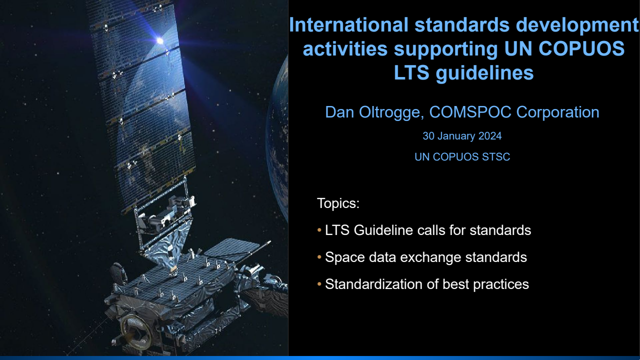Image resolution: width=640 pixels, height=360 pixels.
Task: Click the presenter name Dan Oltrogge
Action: pos(373,112)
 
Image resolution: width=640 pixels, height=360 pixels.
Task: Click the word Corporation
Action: pos(557,112)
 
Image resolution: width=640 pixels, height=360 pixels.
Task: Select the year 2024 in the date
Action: pos(490,136)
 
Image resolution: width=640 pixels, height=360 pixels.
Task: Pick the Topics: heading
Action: pos(338,203)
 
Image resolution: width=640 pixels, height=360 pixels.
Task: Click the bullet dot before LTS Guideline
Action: pos(319,230)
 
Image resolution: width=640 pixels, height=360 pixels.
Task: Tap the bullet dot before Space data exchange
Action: pos(319,257)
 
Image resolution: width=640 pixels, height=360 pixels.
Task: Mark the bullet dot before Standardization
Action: pos(319,284)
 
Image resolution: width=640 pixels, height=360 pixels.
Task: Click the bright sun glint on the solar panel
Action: pos(159,40)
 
